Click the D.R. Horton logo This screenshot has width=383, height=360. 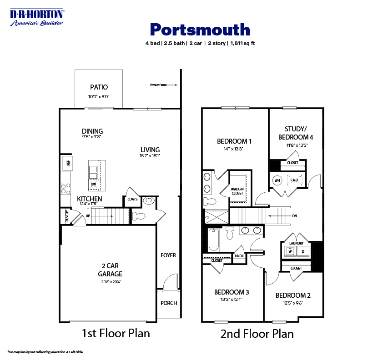[37, 17]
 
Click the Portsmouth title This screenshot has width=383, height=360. [200, 30]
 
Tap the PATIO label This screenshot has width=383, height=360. [99, 87]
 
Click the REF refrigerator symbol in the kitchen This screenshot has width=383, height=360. [68, 162]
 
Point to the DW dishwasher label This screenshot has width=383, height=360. [93, 185]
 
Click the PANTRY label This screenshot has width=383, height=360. [66, 216]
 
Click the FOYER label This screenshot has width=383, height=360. [168, 255]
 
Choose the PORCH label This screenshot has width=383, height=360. [169, 303]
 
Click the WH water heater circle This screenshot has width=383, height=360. [277, 180]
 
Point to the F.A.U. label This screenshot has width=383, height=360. [294, 180]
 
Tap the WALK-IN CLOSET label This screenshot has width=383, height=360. [237, 191]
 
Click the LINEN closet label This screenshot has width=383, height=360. [239, 256]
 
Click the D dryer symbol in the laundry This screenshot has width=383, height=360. [303, 251]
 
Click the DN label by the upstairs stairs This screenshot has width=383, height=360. [294, 216]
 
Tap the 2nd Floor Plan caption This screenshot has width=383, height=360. [257, 334]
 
